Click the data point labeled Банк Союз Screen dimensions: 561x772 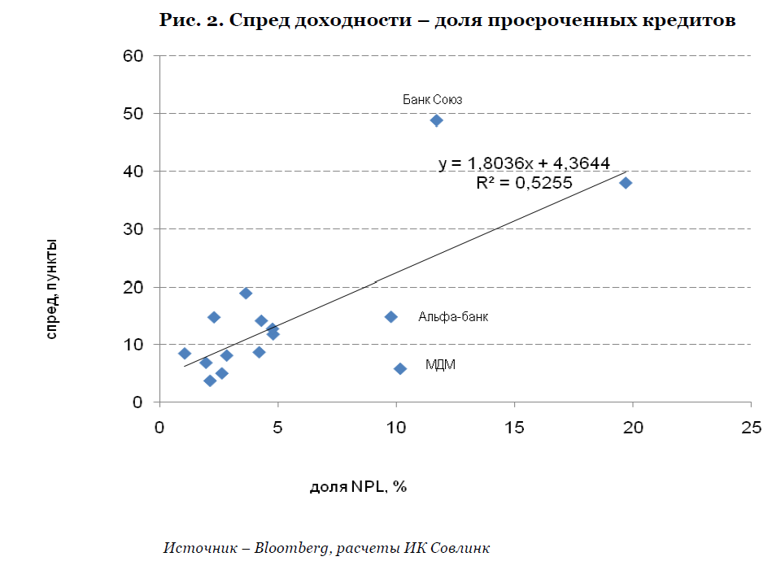pos(436,120)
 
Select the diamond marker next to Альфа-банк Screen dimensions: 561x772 pos(390,316)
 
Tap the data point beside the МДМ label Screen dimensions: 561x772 pos(400,368)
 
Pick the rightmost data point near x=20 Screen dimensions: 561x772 pos(626,183)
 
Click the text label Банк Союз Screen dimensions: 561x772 pos(433,99)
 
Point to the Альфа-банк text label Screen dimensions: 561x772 pos(453,317)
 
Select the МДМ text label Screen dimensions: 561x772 pos(440,365)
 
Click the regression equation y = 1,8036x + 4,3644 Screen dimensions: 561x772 pos(524,163)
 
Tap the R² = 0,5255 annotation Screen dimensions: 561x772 pos(524,183)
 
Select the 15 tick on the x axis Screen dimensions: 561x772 pos(514,427)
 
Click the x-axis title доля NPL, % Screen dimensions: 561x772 pos(358,487)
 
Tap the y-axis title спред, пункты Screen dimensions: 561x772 pos(51,289)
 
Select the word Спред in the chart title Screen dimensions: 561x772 pos(260,21)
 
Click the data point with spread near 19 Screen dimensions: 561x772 pos(246,293)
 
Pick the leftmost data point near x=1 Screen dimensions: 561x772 pos(185,354)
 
